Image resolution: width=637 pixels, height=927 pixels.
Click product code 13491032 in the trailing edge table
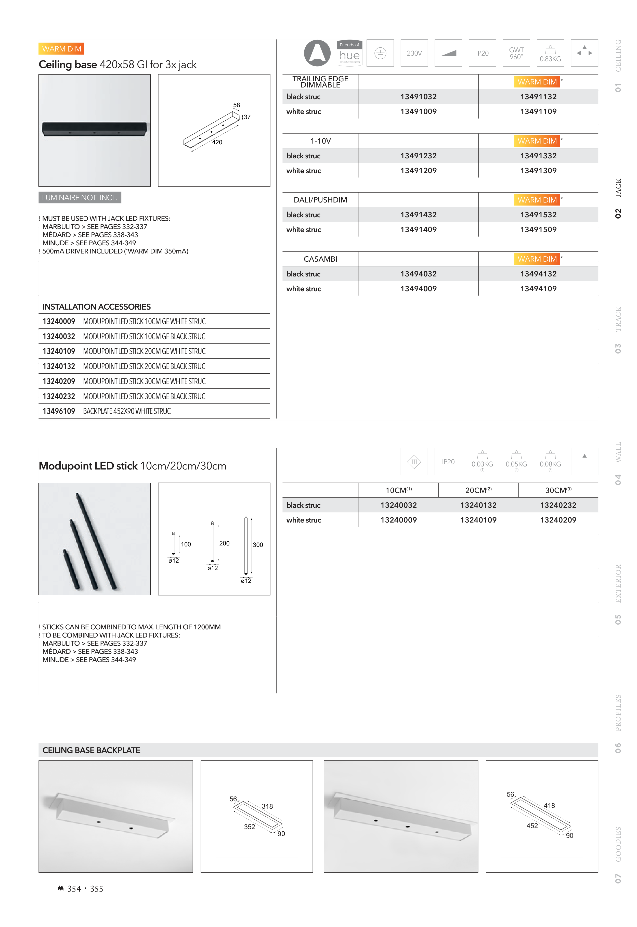(x=418, y=97)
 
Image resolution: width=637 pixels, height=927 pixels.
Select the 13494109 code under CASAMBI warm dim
(x=538, y=289)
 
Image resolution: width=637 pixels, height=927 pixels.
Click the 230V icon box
(x=414, y=53)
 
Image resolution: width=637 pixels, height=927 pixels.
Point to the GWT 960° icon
(x=516, y=53)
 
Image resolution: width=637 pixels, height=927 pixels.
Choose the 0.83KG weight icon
(x=550, y=53)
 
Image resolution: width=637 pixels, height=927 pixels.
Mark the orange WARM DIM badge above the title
(x=61, y=49)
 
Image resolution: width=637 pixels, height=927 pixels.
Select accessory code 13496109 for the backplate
(x=59, y=411)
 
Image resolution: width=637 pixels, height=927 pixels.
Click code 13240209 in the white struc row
(x=558, y=520)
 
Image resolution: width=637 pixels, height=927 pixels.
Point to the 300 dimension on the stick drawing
(x=258, y=544)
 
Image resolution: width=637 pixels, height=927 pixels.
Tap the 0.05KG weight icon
(x=516, y=462)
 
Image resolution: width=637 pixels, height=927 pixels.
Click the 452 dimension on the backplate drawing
(x=532, y=826)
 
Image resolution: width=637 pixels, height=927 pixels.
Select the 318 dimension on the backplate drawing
(x=267, y=806)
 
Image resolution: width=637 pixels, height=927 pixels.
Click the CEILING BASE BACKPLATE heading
(x=92, y=750)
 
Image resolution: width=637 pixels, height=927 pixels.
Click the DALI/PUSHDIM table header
(x=320, y=200)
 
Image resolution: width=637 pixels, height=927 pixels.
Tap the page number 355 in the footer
(x=97, y=889)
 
